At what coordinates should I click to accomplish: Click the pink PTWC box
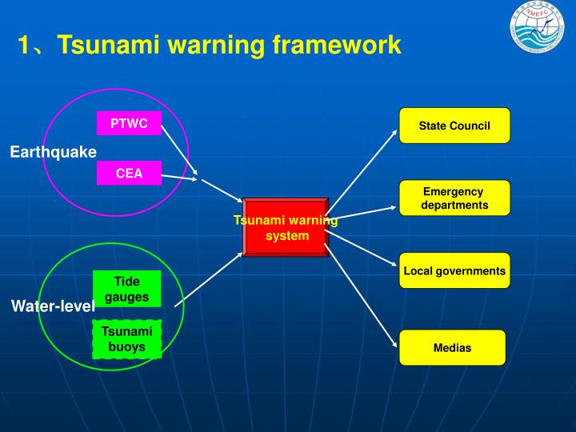(129, 123)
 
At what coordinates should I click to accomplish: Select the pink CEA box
(129, 173)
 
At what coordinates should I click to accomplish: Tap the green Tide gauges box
(126, 289)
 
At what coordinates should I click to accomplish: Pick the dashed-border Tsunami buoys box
(126, 338)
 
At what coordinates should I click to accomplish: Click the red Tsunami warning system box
(286, 227)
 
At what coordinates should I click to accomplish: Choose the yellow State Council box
(454, 126)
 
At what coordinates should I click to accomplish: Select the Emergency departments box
(454, 198)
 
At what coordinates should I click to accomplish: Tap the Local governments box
(454, 271)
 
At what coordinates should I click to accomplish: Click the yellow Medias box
(452, 348)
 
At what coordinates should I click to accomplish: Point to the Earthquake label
(53, 151)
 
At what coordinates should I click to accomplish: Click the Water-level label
(53, 306)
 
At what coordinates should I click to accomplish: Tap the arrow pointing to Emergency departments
(364, 212)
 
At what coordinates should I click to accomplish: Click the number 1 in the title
(25, 45)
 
